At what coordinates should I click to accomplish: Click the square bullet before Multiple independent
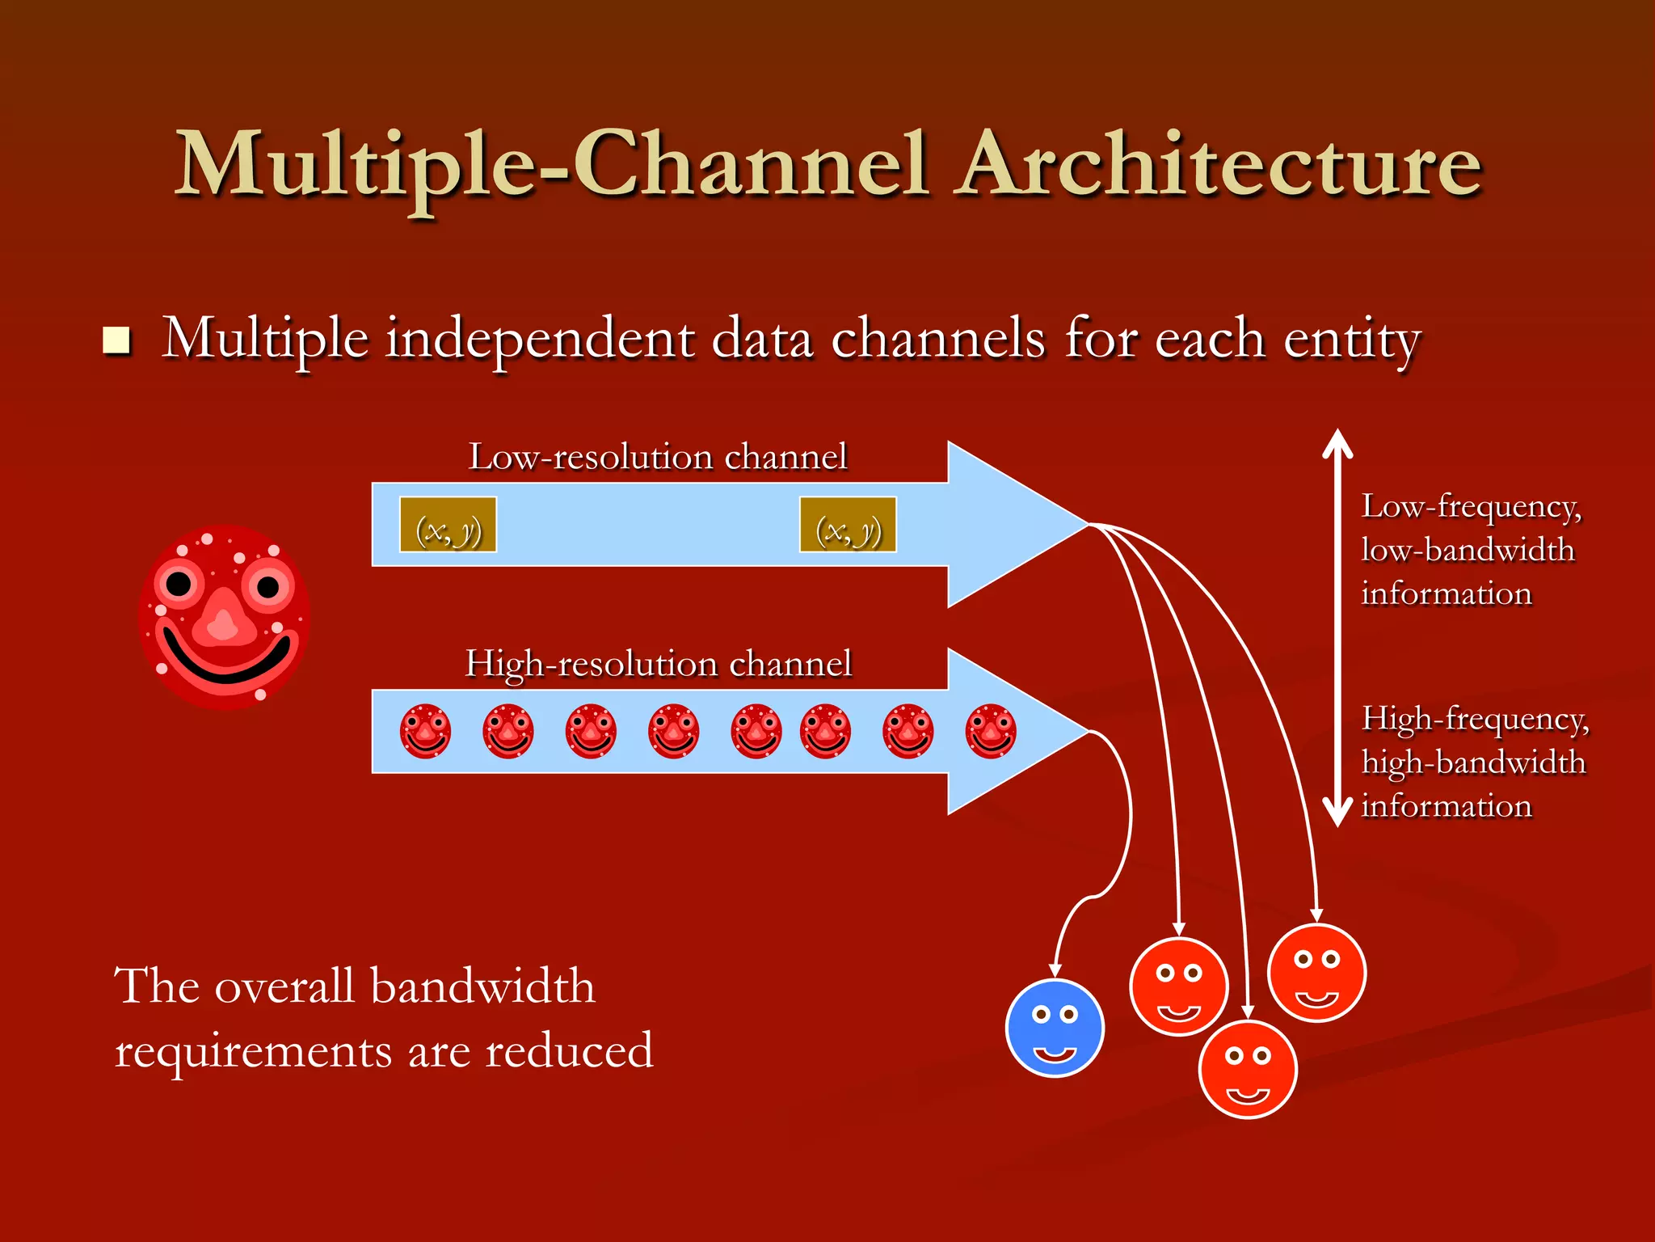116,340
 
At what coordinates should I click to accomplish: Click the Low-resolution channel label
658,457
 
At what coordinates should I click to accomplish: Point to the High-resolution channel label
658,664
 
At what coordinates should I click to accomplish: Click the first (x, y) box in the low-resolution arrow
448,525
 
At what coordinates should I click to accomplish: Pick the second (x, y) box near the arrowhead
848,525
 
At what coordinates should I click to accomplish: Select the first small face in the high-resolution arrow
425,731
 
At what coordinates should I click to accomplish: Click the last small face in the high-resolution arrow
991,731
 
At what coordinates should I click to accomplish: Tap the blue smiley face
1055,1028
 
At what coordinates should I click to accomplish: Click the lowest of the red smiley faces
1248,1069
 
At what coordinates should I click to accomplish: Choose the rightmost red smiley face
1316,973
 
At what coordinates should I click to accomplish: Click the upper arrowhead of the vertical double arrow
1337,443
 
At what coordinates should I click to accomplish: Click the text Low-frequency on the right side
1471,507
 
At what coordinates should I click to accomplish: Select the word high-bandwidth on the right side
1473,763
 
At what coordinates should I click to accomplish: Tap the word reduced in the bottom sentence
569,1051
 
